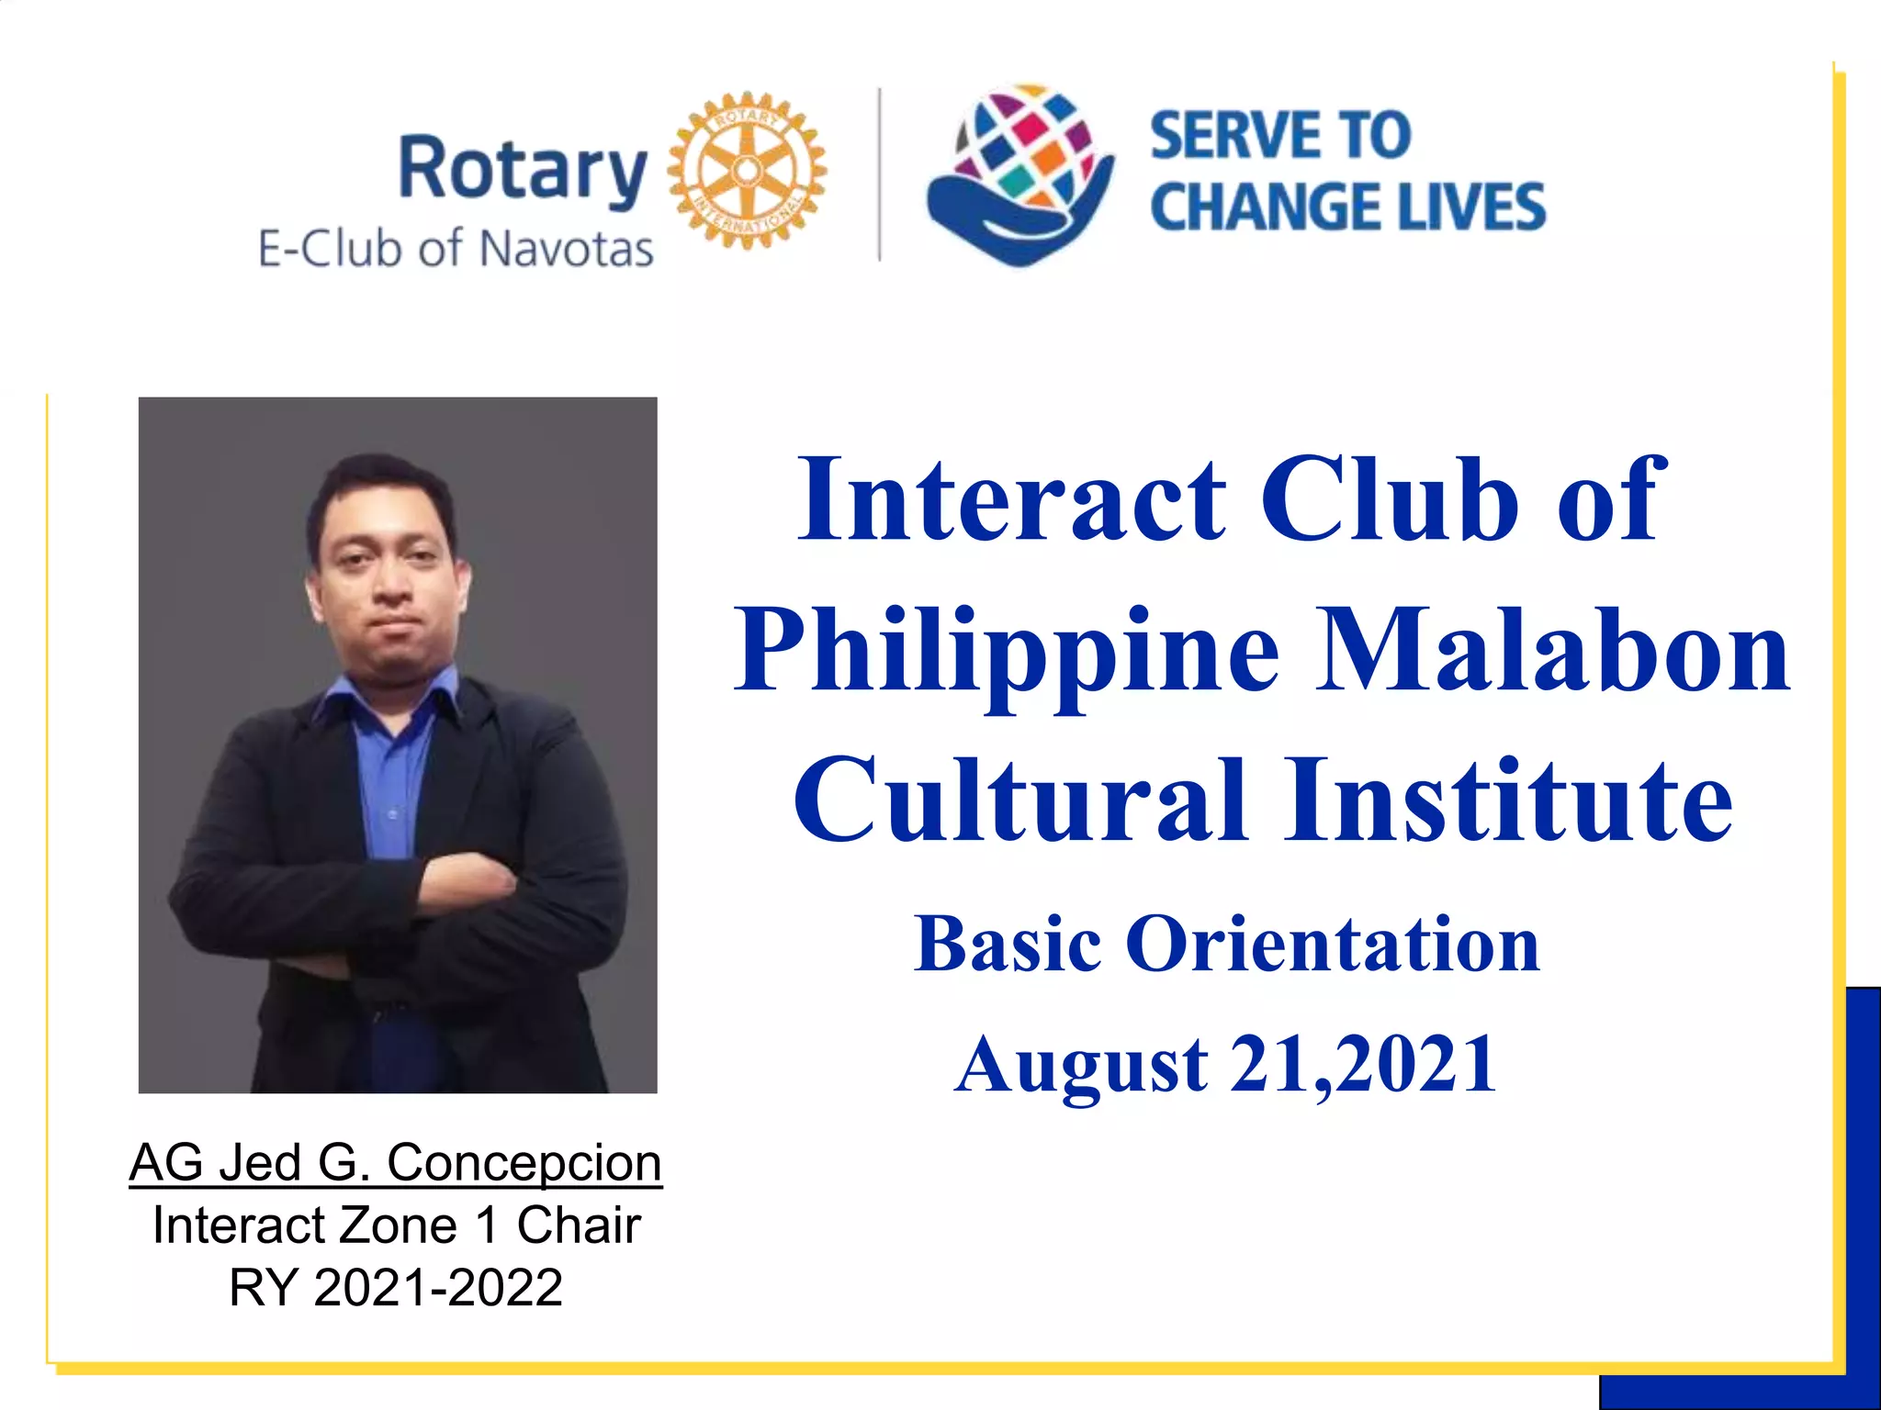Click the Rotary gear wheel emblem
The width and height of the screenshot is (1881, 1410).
pos(747,170)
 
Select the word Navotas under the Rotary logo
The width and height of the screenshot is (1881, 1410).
pos(566,249)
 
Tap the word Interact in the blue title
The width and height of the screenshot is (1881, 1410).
pos(1011,500)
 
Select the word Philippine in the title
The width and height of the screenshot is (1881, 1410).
pos(1007,652)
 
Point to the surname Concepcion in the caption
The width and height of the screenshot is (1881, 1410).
pos(524,1164)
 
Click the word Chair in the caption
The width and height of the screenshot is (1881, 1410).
pos(578,1225)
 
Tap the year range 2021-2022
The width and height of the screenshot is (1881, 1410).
pos(437,1287)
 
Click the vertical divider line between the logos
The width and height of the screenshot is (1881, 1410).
pos(880,174)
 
